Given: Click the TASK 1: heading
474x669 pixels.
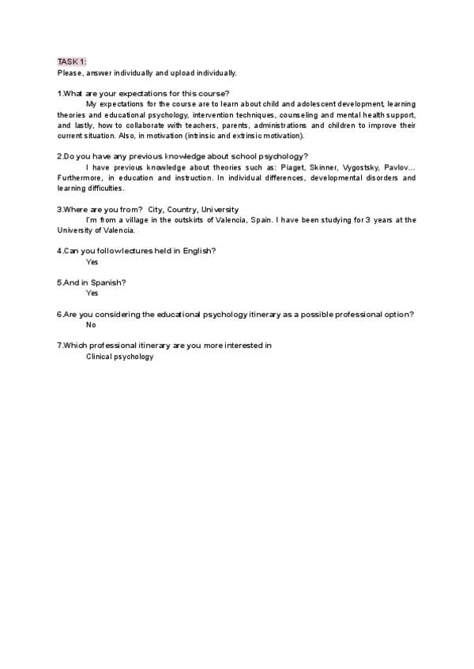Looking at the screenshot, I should tap(72, 62).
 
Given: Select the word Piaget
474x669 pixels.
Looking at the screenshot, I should tap(289, 167).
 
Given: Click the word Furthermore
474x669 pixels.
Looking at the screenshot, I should tap(78, 178).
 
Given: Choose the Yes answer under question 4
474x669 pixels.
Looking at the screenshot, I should tap(92, 261).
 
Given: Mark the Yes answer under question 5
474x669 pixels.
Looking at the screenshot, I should tap(92, 293).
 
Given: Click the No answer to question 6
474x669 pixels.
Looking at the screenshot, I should tap(91, 324).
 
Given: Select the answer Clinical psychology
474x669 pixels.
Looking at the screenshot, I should tap(119, 357).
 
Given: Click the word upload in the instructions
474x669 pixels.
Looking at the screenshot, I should tap(177, 73).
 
